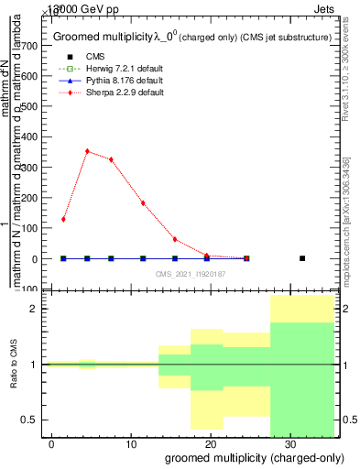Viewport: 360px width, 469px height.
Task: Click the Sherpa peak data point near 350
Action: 87,151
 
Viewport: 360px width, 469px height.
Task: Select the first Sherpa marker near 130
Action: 63,219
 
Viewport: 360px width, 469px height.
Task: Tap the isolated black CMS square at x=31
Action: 302,258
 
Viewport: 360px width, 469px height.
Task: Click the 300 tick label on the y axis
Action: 36,168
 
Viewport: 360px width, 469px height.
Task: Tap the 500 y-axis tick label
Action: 36,106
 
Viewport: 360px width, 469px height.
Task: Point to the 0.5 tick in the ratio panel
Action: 34,420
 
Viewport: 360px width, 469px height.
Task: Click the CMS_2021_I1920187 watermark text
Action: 190,273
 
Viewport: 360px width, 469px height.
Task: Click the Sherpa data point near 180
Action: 143,203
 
